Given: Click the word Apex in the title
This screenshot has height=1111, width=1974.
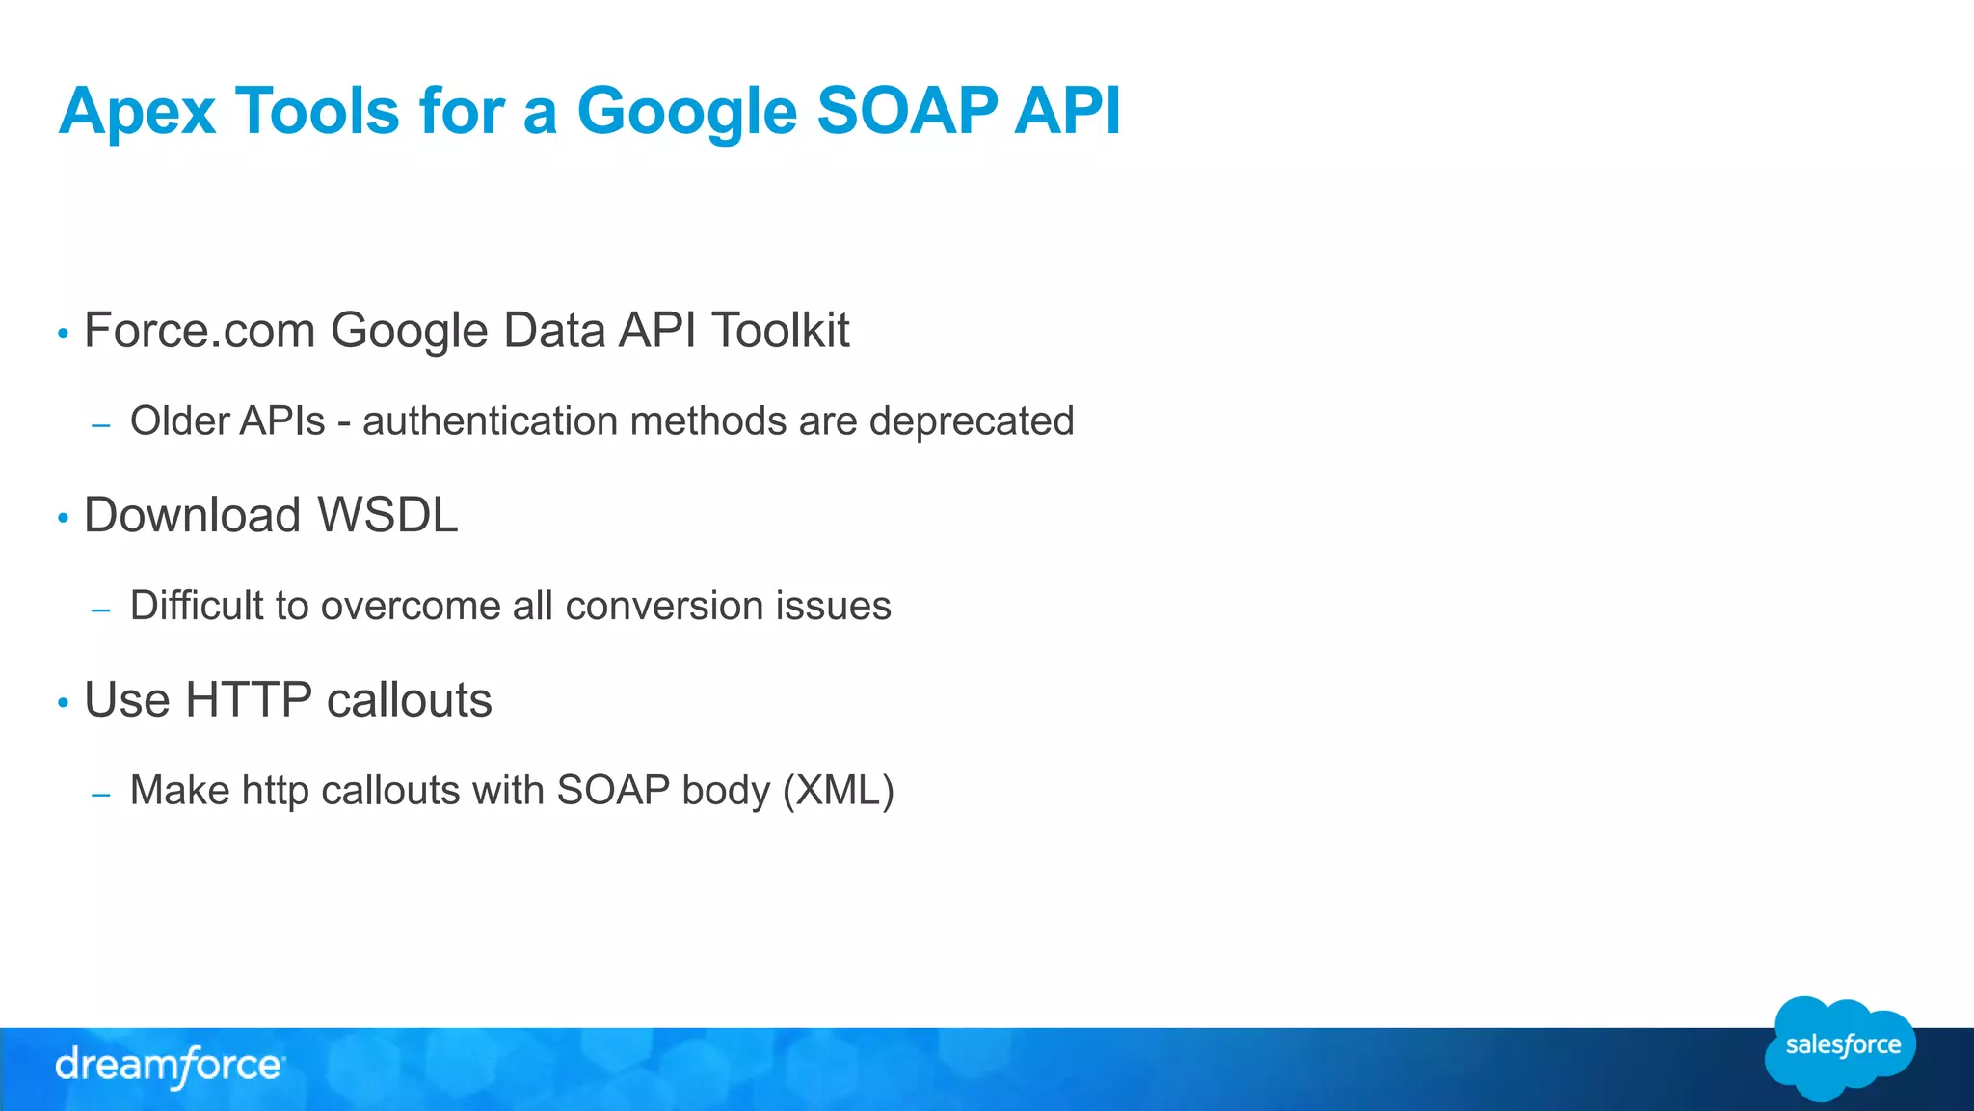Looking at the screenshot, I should [137, 112].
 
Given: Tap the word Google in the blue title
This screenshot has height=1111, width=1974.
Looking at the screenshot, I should [686, 112].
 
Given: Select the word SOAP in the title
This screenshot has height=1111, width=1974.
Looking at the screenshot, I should [906, 110].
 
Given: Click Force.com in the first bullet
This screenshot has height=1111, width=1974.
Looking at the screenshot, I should [200, 331].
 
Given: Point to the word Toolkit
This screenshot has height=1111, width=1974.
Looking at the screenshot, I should [780, 331].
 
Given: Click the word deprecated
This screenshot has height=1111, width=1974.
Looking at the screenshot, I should [972, 421].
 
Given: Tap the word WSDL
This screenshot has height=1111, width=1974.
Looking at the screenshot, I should [387, 515].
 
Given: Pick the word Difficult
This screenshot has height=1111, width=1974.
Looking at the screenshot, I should [197, 606].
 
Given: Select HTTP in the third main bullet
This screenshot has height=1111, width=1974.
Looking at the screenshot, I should [249, 699].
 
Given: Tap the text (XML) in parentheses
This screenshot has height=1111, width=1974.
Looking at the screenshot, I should [839, 791].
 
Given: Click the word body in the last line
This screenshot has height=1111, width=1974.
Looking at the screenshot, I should [726, 791].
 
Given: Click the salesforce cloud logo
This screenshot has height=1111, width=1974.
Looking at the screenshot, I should [1841, 1047].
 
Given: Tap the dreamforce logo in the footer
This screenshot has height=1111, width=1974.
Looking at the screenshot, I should [170, 1066].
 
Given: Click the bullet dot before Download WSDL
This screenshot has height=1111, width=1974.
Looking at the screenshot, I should [64, 519].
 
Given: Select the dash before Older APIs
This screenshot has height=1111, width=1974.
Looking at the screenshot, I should [101, 425].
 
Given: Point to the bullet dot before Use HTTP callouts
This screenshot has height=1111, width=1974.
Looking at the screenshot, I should [64, 703].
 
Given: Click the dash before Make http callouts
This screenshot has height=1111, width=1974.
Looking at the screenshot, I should [101, 795].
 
